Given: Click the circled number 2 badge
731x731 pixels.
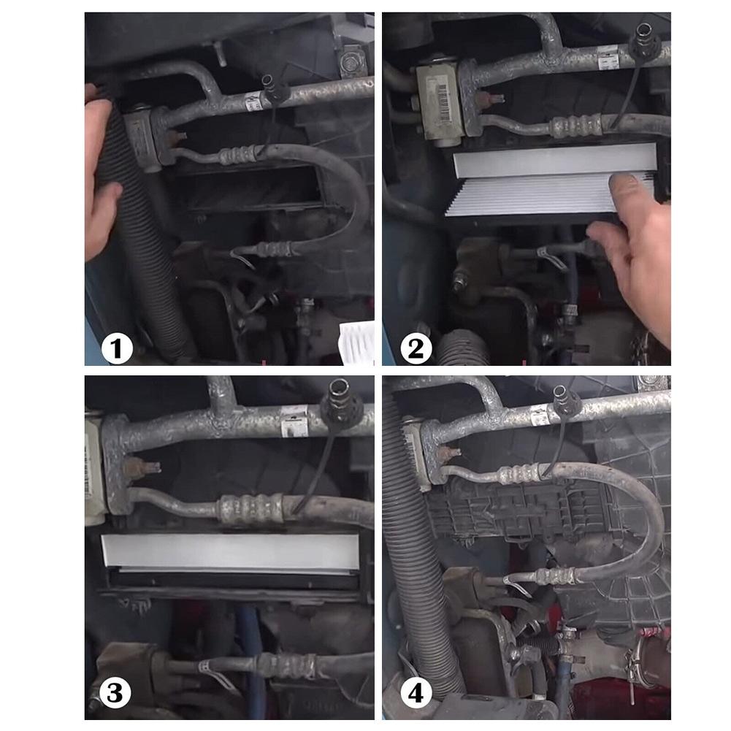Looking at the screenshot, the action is tap(416, 348).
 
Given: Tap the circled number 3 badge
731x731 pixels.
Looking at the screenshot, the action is tap(115, 693).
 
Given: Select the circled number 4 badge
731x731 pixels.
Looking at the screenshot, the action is tap(416, 693).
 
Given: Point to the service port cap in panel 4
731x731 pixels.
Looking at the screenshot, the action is tap(565, 399).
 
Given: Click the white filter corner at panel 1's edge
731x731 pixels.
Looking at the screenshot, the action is tap(356, 342).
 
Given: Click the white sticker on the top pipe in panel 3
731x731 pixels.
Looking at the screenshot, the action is tap(294, 424).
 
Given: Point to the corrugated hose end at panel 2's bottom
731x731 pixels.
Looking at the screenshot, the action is tap(463, 348).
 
